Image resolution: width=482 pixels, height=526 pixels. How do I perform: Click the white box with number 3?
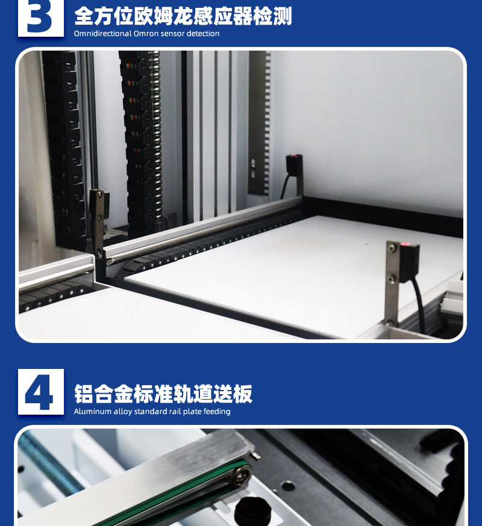[x=40, y=18]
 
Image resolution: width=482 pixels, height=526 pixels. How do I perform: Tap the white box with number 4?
[x=40, y=392]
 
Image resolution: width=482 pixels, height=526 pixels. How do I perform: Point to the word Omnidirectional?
[x=103, y=34]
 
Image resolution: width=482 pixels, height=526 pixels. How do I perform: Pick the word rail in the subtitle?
[x=175, y=411]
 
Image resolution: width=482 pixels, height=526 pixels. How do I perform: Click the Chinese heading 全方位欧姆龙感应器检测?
[x=183, y=16]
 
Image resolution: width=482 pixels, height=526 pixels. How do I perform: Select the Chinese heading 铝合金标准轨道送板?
[x=163, y=394]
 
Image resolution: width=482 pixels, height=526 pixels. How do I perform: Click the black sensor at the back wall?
[x=294, y=164]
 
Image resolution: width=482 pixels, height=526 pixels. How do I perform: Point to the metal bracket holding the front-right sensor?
[x=392, y=282]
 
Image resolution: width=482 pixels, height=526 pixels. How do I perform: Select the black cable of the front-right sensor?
[x=419, y=305]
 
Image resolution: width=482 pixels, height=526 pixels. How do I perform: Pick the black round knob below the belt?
[x=252, y=512]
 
